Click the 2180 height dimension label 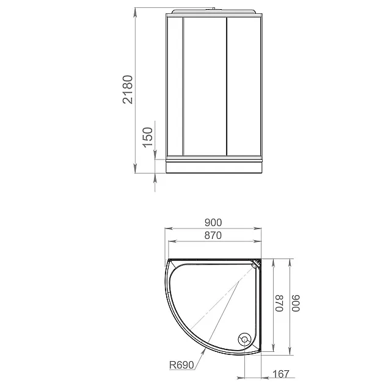click(128, 90)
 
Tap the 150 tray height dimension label click(148, 137)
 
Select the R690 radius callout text click(181, 365)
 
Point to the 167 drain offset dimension click(281, 374)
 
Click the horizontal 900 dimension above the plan click(213, 222)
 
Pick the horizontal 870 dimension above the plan click(213, 235)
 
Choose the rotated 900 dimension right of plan click(296, 303)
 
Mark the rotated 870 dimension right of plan click(280, 303)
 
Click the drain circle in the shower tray click(244, 340)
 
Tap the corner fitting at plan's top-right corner click(256, 263)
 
